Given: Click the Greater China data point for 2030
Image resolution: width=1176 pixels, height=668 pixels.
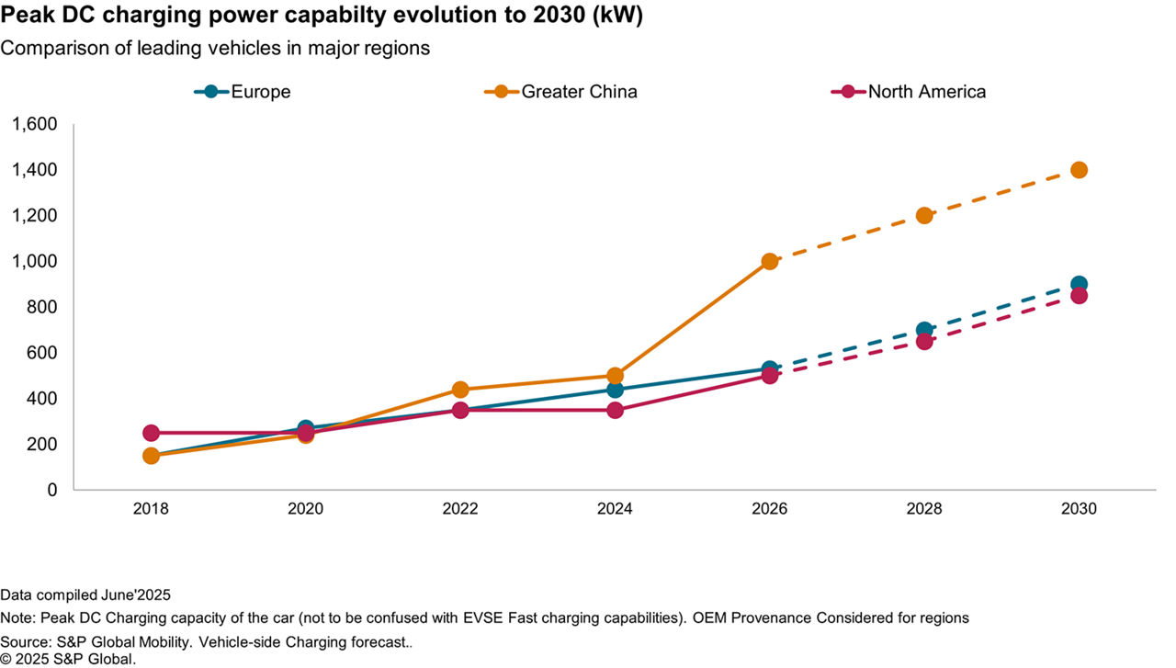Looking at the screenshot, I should tap(1079, 170).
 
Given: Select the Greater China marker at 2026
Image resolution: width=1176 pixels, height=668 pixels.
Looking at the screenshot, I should tap(770, 261).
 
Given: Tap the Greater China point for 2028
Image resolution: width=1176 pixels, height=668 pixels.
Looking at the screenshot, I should tap(924, 215).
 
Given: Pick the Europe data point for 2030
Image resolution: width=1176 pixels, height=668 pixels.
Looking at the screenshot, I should tap(1079, 284).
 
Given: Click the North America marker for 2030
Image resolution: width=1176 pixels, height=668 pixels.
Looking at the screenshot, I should tap(1079, 296).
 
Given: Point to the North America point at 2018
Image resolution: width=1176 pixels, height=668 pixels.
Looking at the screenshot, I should tap(151, 433).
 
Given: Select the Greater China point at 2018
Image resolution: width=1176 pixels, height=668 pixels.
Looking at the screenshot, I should tap(151, 456).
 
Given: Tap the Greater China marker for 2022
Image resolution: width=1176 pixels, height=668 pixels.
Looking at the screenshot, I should tap(460, 390).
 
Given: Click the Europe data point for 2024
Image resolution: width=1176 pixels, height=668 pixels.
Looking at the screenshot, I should tap(615, 390).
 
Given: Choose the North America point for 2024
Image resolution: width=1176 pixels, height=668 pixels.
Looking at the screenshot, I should tap(615, 410).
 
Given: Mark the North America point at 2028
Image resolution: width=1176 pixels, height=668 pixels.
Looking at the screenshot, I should tap(924, 341).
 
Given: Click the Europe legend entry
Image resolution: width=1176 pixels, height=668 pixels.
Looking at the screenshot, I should tap(243, 92).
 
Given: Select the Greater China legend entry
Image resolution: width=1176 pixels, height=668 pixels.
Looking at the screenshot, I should tap(560, 92).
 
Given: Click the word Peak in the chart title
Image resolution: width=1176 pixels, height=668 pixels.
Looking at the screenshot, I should tap(25, 16).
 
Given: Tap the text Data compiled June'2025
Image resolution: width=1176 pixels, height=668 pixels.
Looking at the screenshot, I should tap(85, 594).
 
